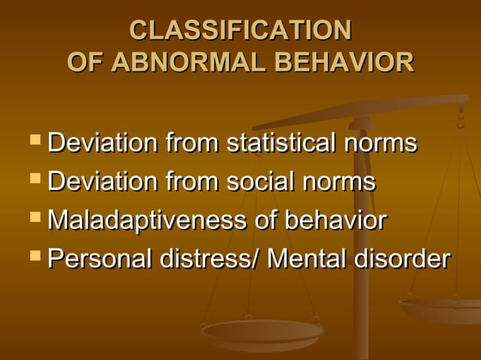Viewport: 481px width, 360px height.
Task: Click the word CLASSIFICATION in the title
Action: click(240, 30)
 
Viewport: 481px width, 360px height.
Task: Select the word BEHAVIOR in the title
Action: click(345, 62)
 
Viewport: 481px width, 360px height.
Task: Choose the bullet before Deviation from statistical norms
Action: click(33, 140)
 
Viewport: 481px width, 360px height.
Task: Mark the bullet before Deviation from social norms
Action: click(33, 179)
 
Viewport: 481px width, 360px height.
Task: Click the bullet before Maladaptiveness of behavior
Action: click(33, 218)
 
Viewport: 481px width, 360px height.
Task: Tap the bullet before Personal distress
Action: click(33, 258)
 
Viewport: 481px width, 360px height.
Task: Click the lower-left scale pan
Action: click(262, 330)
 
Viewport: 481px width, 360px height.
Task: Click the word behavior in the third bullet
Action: click(335, 221)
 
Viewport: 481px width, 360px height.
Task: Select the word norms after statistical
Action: click(379, 142)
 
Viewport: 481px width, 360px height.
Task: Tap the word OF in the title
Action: click(85, 62)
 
